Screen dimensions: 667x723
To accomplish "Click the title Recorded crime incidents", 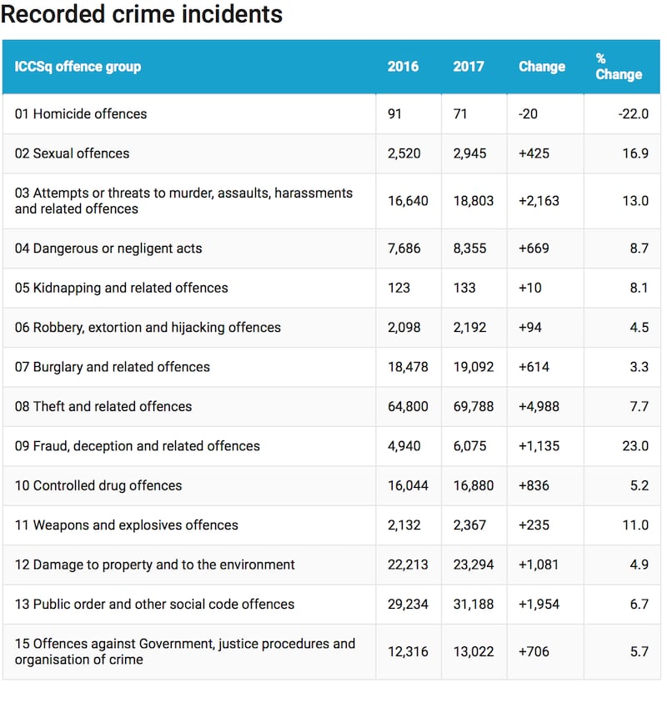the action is point(142,14).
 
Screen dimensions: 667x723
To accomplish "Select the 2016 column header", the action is point(403,67).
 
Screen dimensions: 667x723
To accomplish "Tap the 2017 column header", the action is point(469,67).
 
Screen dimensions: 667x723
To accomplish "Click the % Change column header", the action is point(619,67).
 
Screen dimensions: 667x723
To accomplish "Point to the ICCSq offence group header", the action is point(78,67).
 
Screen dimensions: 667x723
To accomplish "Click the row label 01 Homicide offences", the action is point(81,114).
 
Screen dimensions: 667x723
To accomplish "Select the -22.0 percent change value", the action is point(634,114).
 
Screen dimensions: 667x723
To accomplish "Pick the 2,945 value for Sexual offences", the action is point(469,153).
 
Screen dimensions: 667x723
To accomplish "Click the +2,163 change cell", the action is point(539,201).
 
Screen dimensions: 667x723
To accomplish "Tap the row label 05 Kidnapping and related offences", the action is point(121,289).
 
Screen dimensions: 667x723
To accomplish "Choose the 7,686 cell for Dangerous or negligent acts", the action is point(404,249).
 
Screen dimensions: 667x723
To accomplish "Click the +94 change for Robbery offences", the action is point(530,328).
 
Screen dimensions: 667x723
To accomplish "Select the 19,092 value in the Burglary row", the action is point(474,367).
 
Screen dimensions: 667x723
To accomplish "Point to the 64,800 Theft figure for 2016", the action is point(408,407).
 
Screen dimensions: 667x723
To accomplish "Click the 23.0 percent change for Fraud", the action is point(635,446).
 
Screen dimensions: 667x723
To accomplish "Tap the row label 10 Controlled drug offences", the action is point(98,485).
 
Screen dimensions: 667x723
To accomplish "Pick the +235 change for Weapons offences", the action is point(534,525).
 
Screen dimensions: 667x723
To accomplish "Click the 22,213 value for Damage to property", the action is point(408,565).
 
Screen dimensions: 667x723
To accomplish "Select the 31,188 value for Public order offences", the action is point(474,605).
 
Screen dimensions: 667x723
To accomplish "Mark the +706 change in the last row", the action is point(534,651).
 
